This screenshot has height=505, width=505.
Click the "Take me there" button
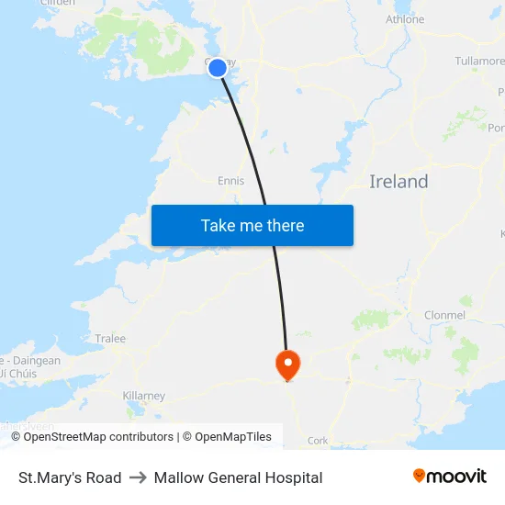252,225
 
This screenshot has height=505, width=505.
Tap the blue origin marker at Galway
218,68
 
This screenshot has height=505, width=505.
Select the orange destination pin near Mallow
287,365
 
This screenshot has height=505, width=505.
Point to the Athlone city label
405,19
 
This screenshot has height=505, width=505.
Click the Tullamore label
479,62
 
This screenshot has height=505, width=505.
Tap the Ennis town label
230,181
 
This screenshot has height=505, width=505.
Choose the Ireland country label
398,182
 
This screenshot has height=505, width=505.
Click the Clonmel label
444,315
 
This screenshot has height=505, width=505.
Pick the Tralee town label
110,339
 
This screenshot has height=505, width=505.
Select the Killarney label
143,396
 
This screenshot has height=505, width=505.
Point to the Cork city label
318,441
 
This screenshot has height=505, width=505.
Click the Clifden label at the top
58,4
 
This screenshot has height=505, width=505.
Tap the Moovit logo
450,477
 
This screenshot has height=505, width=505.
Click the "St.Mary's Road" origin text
70,477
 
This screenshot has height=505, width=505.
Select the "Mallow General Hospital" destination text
238,477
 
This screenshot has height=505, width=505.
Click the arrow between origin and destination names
138,477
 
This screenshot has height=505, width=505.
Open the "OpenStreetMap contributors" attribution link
98,437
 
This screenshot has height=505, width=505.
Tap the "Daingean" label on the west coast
37,361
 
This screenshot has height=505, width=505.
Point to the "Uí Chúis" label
18,374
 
